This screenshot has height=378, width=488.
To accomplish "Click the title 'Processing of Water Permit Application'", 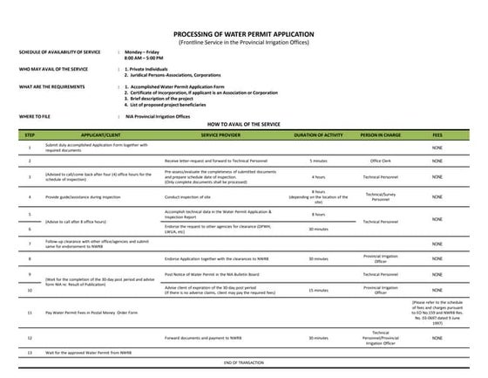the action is coord(243,33).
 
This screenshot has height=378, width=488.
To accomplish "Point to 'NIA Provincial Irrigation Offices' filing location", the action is coord(160,115).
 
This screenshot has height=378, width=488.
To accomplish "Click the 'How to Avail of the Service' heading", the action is coord(243,125).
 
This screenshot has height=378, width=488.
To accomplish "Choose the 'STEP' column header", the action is coord(30,136).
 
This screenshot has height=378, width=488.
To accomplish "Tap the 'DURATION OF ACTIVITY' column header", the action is coord(318,136).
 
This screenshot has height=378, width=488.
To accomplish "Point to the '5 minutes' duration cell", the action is coord(318,162).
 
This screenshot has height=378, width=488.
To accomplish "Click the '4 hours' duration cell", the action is coord(318,177).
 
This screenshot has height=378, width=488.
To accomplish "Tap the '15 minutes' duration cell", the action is coord(318,288).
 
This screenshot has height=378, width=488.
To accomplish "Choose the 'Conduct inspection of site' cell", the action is coord(191,196).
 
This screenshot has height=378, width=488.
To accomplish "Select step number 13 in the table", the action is coord(30,352).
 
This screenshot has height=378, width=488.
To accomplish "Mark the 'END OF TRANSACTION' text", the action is coord(243,361).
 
